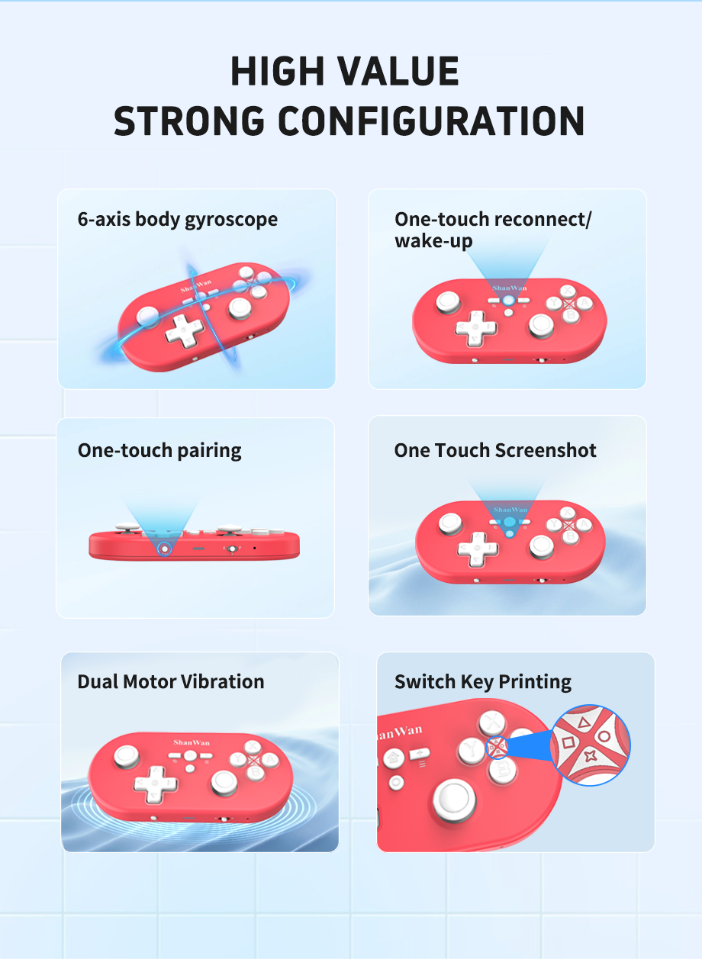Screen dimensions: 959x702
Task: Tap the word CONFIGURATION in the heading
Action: coord(431,121)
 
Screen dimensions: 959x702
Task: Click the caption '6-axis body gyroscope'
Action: coord(178,220)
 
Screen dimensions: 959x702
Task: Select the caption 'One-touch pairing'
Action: coord(159,450)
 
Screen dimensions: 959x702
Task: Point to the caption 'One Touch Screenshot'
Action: coord(495,450)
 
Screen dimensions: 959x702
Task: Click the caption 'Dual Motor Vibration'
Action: coord(171,681)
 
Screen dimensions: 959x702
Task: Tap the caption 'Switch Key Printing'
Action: coord(483,681)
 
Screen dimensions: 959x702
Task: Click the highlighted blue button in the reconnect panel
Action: coord(508,301)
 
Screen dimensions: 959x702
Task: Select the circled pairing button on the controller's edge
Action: coord(164,548)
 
